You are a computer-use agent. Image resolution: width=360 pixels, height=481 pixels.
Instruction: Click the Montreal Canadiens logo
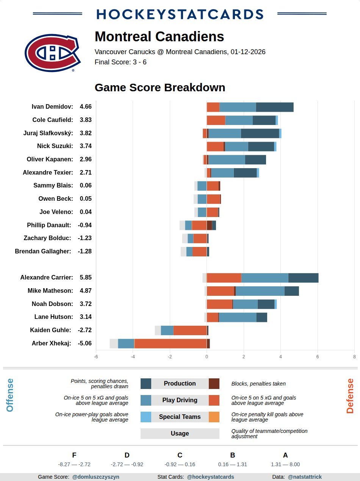click(52, 53)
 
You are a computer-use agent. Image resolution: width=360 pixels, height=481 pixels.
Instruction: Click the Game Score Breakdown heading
click(160, 87)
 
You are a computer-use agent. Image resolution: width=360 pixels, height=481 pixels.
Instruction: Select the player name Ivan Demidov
click(52, 107)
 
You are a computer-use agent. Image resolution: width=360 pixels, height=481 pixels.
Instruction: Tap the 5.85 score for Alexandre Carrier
click(86, 278)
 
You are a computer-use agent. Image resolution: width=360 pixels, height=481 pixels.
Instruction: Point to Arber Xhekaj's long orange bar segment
click(171, 344)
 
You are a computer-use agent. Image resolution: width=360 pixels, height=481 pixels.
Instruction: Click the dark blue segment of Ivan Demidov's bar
click(275, 107)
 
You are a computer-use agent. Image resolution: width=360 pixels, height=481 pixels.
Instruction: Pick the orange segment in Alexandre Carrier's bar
click(224, 278)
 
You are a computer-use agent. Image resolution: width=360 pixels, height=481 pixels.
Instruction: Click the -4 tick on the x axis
click(133, 357)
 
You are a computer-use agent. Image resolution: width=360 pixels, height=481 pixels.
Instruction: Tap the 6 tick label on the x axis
click(318, 357)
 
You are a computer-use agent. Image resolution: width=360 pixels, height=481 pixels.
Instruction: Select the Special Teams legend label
click(180, 417)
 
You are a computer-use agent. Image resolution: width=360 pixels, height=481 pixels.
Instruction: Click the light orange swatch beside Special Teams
click(214, 417)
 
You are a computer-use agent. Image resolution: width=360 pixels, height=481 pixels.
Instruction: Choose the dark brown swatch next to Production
click(214, 384)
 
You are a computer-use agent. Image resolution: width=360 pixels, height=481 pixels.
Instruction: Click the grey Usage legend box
click(180, 434)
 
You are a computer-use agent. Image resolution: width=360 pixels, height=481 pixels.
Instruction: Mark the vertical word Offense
click(10, 395)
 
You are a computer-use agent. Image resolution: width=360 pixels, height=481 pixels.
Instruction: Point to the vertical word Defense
click(350, 396)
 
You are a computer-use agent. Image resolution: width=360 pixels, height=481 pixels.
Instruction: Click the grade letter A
click(285, 455)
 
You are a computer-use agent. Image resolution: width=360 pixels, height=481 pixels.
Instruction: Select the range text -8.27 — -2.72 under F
click(74, 464)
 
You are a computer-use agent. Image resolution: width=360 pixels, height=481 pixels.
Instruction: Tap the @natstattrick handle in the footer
click(305, 477)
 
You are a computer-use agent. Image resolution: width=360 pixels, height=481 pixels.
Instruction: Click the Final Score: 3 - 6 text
click(121, 62)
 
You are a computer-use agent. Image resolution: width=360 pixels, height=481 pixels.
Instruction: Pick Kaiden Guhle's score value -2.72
click(85, 330)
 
